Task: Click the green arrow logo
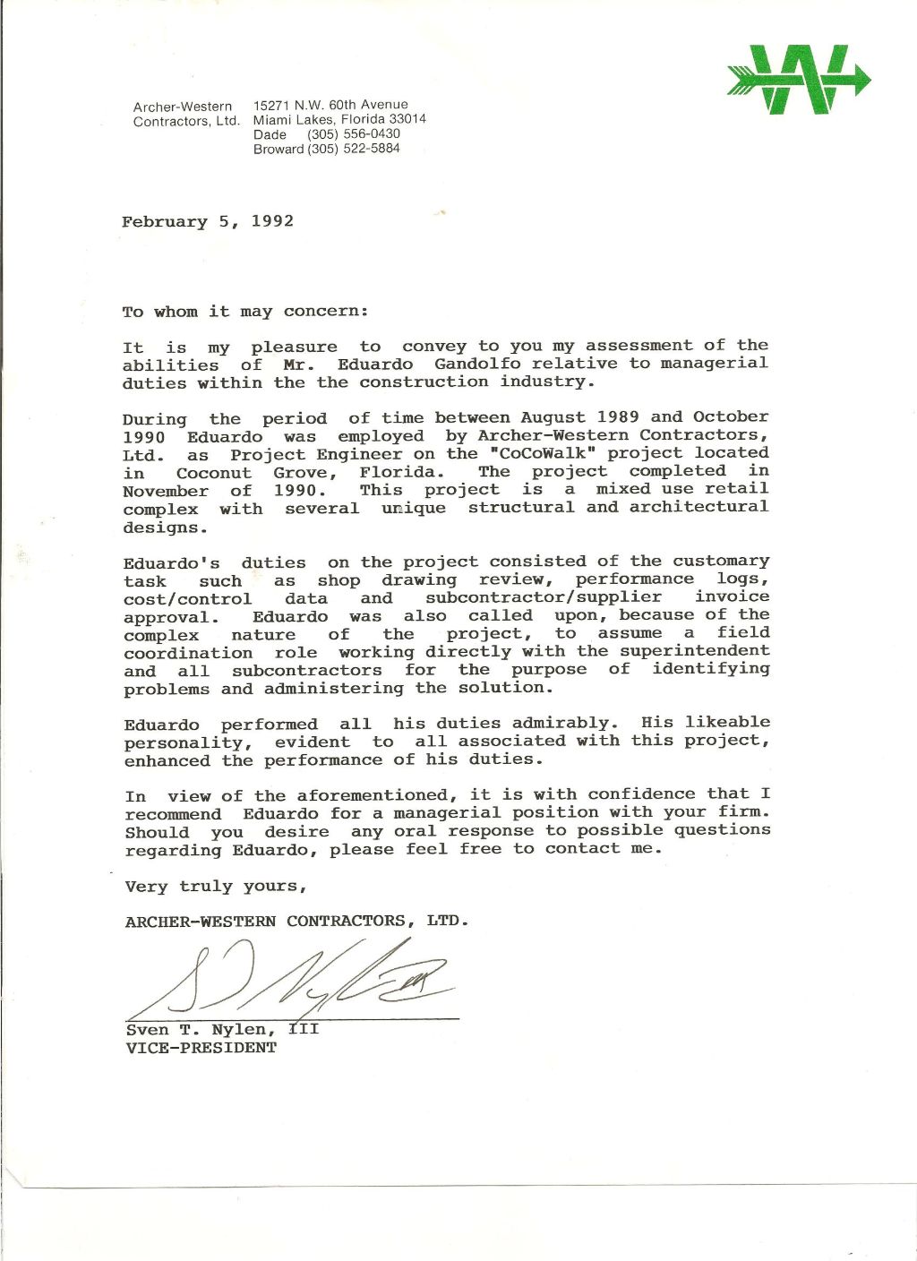[x=798, y=80]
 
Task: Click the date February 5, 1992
[x=208, y=221]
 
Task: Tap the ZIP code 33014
[x=407, y=119]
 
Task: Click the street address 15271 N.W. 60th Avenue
[x=330, y=105]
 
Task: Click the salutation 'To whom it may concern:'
[x=245, y=312]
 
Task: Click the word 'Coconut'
[x=213, y=473]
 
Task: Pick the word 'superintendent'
[x=694, y=651]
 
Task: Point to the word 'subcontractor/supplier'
[x=544, y=597]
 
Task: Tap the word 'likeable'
[x=727, y=722]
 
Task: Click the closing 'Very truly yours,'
[x=216, y=886]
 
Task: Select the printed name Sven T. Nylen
[x=201, y=1030]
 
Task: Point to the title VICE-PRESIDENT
[x=201, y=1048]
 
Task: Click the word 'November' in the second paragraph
[x=166, y=491]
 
